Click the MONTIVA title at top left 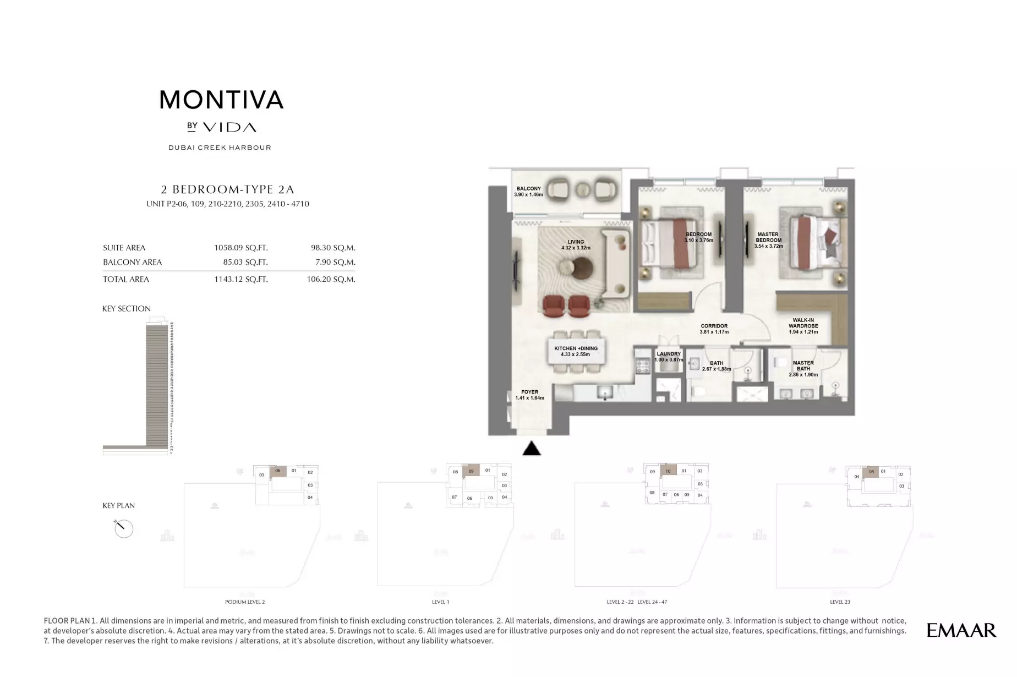click(221, 100)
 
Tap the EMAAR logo click(961, 630)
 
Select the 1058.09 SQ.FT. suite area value click(240, 248)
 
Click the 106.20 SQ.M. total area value click(331, 279)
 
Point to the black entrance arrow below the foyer click(531, 449)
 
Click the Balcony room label click(528, 189)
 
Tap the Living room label click(576, 242)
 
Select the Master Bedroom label click(768, 237)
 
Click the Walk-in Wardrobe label click(803, 323)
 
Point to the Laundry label click(669, 354)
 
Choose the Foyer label click(529, 392)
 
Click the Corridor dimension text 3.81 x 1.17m click(714, 332)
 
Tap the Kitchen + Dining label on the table click(576, 348)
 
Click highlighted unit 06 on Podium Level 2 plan click(278, 471)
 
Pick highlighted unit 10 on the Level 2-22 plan click(668, 471)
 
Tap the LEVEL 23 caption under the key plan click(840, 602)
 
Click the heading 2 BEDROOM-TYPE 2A click(227, 189)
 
